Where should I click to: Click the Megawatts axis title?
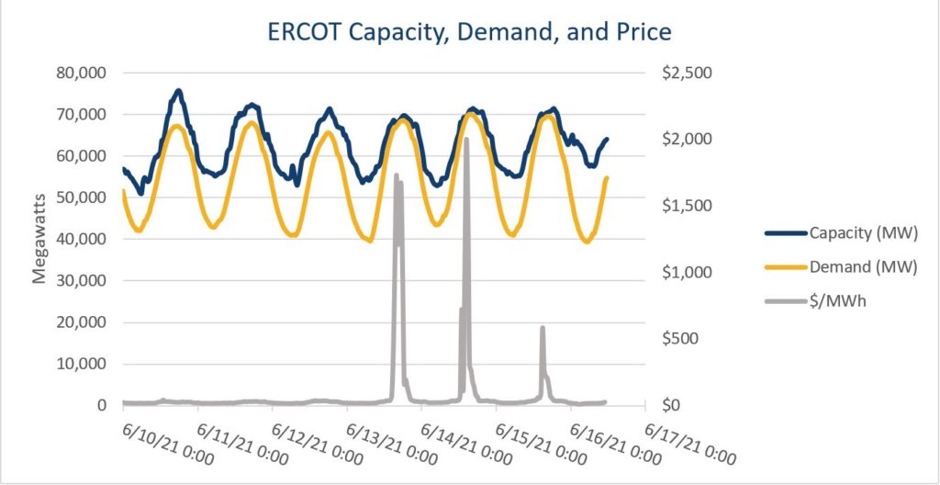click(41, 239)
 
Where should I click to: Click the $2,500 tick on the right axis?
click(680, 73)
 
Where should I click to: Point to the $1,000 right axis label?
click(680, 273)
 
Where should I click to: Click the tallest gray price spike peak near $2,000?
click(466, 139)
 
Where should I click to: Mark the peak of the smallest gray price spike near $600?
click(543, 327)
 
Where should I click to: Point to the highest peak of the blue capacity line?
click(179, 90)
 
